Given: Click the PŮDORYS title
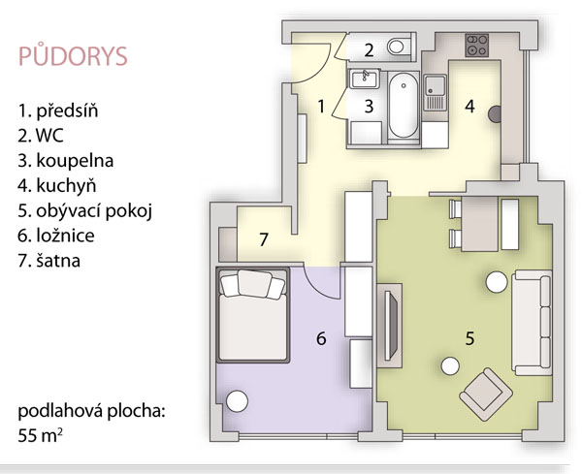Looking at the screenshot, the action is [x=73, y=56].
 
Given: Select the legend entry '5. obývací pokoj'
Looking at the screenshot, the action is [x=85, y=211].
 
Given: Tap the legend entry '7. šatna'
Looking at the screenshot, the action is [x=49, y=261].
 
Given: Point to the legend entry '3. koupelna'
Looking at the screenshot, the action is [x=65, y=161].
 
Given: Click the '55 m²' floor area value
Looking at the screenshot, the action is [x=40, y=435].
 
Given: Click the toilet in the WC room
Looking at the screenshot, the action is [x=398, y=47].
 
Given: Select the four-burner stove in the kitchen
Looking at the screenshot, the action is [x=476, y=46].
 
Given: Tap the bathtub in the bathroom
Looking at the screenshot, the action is [x=404, y=105].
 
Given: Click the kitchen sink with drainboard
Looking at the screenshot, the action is [x=435, y=93].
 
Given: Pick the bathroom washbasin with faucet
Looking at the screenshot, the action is [x=364, y=79].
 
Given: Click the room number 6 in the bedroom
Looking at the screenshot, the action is [x=321, y=338].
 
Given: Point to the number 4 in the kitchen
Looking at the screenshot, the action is [x=469, y=107].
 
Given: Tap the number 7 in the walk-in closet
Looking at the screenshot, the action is [x=264, y=239].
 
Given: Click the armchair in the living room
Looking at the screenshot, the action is [x=486, y=395].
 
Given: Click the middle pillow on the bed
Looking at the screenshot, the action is [x=254, y=283].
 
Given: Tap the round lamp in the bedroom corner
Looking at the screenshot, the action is [x=237, y=401].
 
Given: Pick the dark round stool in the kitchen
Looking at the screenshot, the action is [x=495, y=113].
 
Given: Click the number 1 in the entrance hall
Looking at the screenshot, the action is [x=321, y=107].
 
